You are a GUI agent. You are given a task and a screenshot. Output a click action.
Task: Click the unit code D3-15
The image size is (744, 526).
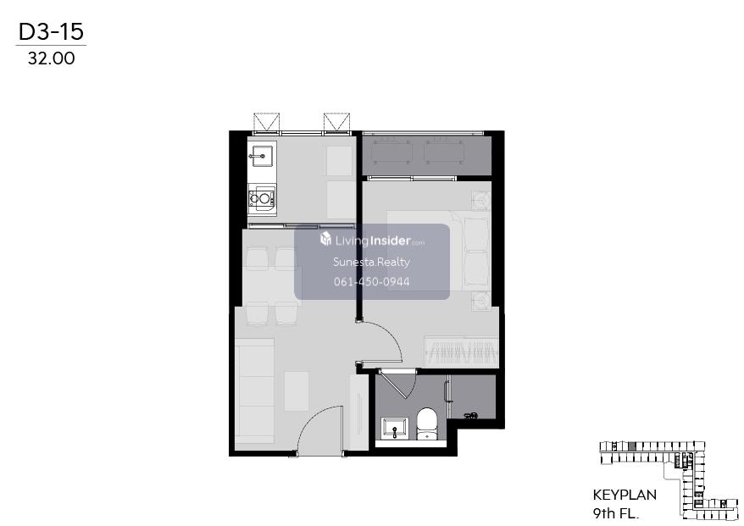pos(51,31)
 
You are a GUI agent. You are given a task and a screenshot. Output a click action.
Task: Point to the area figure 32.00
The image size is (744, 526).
pos(51,58)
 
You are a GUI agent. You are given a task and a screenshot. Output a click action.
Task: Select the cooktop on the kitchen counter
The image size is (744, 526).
pos(262,198)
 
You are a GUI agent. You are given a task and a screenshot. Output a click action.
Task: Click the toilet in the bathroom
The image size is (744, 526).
pos(426,424)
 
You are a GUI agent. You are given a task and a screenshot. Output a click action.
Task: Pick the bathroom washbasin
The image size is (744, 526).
pos(394,429)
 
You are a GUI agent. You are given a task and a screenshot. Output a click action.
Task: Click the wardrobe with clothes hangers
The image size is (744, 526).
pos(461,352)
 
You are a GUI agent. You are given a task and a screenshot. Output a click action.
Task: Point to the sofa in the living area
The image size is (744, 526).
pos(255,390)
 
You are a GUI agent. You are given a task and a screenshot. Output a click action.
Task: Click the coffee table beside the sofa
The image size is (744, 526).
pos(297,391)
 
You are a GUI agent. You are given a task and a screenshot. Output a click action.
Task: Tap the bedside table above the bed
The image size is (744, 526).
pos(481,200)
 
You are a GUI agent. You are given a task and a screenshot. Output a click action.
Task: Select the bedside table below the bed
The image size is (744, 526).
pos(481,301)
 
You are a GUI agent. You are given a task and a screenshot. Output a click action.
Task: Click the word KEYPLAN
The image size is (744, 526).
pos(625,495)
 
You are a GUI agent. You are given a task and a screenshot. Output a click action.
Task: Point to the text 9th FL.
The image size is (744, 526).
pos(615,513)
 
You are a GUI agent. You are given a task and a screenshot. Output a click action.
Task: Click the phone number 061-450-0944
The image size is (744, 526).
pos(371,282)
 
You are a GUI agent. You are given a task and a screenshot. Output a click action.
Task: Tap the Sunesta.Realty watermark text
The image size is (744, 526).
pos(371,262)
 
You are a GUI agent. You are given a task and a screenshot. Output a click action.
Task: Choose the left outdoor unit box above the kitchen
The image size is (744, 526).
pos(267,122)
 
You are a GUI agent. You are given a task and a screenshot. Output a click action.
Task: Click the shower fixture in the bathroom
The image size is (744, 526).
pos(470,416)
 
